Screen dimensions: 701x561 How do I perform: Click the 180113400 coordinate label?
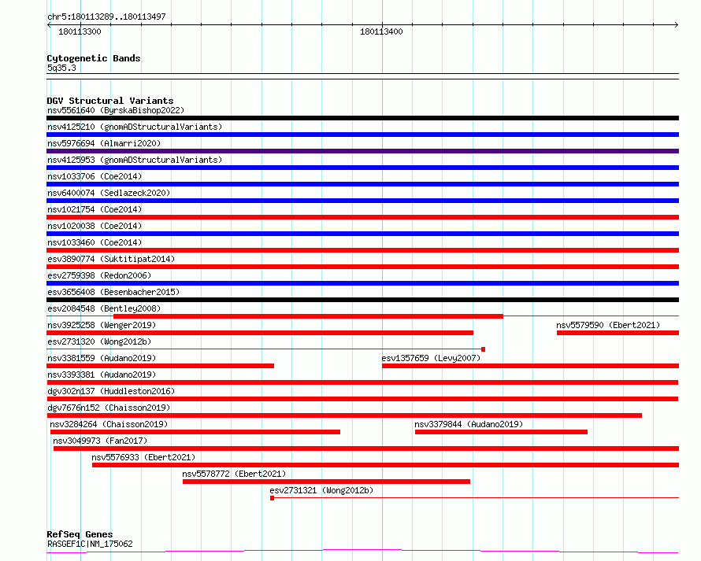click(381, 31)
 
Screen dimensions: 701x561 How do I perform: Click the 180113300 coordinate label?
click(80, 31)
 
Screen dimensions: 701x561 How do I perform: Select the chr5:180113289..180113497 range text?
click(106, 17)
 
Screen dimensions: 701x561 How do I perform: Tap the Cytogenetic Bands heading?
click(94, 58)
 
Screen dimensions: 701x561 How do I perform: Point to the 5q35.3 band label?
click(61, 68)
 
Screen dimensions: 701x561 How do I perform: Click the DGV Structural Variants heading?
click(110, 101)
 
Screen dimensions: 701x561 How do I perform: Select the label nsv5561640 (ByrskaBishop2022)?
click(116, 110)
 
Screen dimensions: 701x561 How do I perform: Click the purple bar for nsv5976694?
click(362, 151)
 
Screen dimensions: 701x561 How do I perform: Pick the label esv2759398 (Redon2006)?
click(99, 275)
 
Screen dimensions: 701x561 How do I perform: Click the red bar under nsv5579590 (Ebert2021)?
click(618, 333)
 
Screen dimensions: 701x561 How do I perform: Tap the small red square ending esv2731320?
click(484, 349)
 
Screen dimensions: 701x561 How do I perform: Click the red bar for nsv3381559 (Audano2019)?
click(160, 366)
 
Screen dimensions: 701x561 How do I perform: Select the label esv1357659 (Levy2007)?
click(431, 358)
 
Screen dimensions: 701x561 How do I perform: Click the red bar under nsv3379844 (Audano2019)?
click(501, 432)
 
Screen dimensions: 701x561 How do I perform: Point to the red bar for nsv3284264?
click(195, 432)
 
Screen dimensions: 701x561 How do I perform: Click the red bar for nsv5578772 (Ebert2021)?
click(326, 482)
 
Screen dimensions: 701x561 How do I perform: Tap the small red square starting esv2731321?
click(272, 498)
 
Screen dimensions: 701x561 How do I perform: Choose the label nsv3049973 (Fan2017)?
click(100, 441)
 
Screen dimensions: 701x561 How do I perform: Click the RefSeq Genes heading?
click(80, 534)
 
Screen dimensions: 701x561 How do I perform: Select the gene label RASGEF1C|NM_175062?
click(90, 544)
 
